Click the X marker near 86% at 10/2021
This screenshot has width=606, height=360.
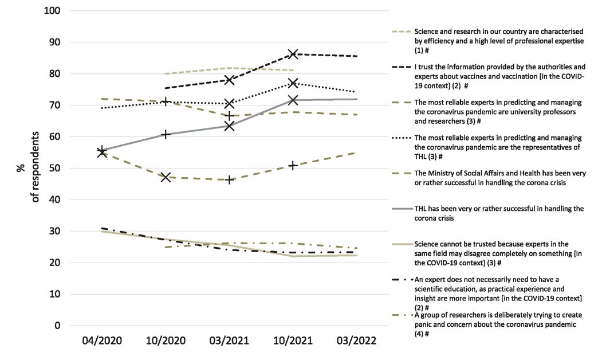(x=293, y=54)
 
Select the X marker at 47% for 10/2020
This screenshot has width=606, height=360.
(x=166, y=177)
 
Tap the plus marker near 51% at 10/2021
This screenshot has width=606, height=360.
(x=293, y=166)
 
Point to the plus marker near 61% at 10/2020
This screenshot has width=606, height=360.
(x=166, y=135)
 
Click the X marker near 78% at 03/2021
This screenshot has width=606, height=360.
(x=230, y=80)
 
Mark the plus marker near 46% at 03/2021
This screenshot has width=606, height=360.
(x=230, y=179)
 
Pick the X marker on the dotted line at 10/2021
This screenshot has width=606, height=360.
(x=293, y=83)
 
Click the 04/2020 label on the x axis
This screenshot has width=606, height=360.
(x=103, y=341)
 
